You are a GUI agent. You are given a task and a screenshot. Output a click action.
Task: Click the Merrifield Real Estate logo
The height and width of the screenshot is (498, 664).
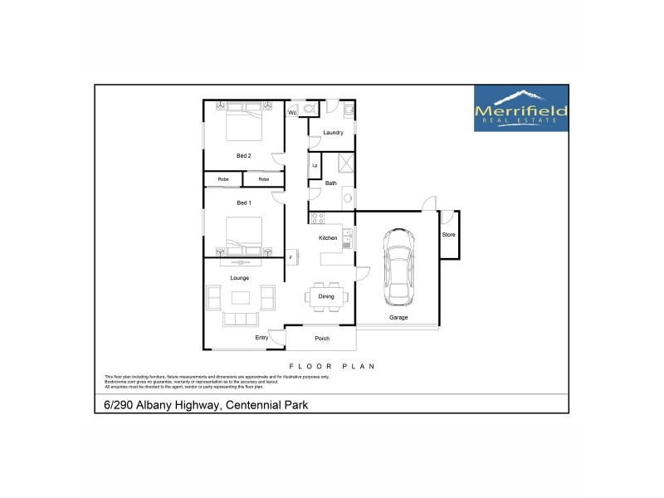pos(520,108)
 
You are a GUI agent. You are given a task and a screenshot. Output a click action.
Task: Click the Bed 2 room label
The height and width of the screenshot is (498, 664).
pos(243,155)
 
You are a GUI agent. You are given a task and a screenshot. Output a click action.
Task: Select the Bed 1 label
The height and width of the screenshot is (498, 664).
pos(243,203)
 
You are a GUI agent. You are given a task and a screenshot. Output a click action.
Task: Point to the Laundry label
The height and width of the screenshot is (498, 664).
pos(334,133)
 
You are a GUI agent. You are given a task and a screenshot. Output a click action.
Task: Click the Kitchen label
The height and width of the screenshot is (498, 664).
pos(329,238)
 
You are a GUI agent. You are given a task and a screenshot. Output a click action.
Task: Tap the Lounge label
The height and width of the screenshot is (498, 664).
pos(240,277)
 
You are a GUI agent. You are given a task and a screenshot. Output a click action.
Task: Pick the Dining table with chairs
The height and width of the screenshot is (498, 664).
pos(326,296)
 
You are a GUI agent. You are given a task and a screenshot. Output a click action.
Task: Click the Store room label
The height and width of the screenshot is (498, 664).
pos(448,235)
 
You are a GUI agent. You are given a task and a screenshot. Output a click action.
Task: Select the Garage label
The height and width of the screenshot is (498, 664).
pos(398,317)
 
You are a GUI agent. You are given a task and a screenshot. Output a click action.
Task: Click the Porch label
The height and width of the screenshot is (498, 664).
pos(322,338)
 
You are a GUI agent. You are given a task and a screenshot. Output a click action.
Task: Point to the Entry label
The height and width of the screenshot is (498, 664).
pos(262,338)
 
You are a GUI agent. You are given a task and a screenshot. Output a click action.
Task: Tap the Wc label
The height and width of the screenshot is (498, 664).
pos(293,112)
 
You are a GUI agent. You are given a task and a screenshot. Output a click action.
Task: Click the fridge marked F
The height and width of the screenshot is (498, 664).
pos(291,257)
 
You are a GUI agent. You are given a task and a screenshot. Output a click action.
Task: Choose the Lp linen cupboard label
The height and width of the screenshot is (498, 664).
pos(315,165)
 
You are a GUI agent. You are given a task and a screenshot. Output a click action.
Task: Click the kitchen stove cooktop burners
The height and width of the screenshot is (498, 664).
pos(317,218)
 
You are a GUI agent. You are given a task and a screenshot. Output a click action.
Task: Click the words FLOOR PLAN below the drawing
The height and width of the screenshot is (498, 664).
pos(332,365)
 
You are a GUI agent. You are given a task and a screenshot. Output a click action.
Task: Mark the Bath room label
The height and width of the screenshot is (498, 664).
pos(331,183)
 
